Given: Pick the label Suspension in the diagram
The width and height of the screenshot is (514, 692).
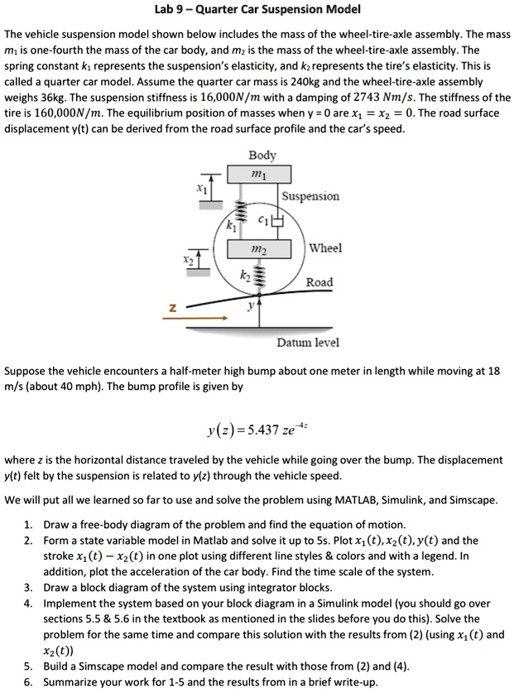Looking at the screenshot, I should (310, 196).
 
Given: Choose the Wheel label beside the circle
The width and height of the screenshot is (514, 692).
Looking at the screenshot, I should (324, 248).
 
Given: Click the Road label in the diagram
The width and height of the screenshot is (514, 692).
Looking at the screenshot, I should (319, 282).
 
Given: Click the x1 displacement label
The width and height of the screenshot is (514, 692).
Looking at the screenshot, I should (199, 188).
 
